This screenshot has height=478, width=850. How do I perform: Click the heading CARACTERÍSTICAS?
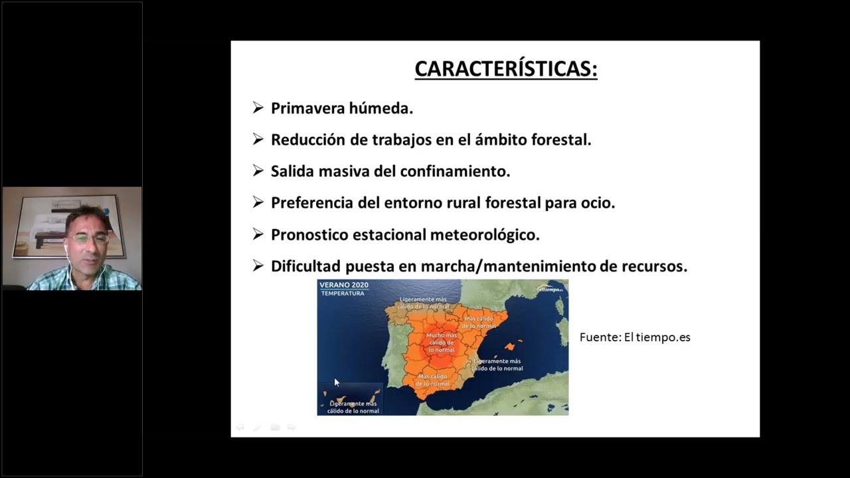tap(506, 69)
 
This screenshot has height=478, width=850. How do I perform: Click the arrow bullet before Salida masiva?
tap(258, 171)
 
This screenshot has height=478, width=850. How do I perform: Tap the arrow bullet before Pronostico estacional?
tap(258, 234)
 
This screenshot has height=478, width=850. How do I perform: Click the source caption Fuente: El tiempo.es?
tap(635, 337)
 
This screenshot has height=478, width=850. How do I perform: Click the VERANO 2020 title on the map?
tap(344, 285)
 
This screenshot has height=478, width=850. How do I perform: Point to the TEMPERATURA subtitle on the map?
tap(343, 293)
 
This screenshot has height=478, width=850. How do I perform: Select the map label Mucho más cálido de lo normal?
tap(441, 343)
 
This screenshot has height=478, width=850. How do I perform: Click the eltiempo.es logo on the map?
tap(550, 289)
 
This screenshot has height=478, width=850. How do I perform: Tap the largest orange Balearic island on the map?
tap(510, 347)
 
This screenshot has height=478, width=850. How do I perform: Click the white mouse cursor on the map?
tap(337, 383)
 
